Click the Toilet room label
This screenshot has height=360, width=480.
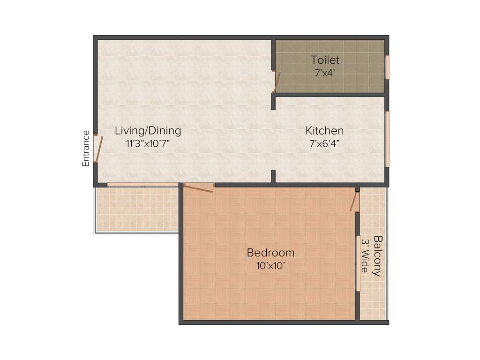(x=325, y=60)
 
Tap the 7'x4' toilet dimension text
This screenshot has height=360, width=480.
(x=325, y=73)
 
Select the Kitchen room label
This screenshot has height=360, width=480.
(x=324, y=131)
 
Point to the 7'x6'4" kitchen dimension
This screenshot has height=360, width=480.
(x=324, y=144)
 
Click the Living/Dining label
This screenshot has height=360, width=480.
(x=148, y=131)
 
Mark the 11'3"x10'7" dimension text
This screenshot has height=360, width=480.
(x=148, y=144)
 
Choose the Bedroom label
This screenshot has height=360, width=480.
(x=270, y=253)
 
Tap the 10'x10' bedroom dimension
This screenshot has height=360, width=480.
(x=270, y=266)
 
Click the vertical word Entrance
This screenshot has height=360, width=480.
(x=86, y=149)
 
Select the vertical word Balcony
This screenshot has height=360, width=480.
(x=377, y=256)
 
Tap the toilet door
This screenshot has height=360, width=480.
(x=276, y=81)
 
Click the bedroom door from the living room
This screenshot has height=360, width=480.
(x=198, y=188)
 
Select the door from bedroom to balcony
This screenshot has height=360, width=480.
(x=355, y=201)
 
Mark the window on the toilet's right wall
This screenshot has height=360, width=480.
(x=387, y=67)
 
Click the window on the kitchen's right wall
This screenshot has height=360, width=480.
(x=387, y=139)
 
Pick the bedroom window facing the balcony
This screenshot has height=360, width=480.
(x=357, y=263)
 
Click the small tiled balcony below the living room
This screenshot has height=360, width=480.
(x=137, y=210)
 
